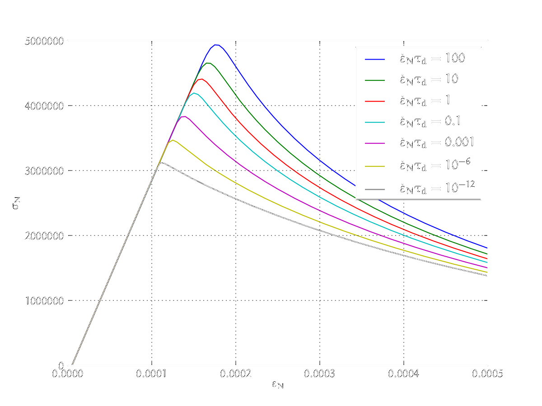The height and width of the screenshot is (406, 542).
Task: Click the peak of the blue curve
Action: (216, 45)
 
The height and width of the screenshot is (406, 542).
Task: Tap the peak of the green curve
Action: (208, 63)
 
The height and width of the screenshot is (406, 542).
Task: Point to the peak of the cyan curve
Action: (194, 93)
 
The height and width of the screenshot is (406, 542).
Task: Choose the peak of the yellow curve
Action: (173, 140)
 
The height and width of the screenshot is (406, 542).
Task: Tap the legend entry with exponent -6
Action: (435, 165)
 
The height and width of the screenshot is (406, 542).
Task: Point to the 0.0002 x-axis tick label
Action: (235, 374)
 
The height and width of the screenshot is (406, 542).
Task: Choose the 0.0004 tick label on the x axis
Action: (403, 374)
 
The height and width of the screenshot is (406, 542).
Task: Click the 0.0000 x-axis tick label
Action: (68, 374)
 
